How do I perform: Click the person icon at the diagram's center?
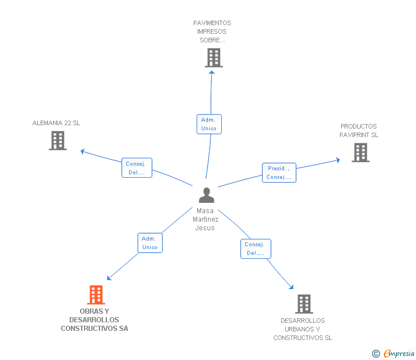coord(206,195)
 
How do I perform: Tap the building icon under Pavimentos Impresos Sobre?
coord(213,58)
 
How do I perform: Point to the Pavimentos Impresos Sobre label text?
coord(212,31)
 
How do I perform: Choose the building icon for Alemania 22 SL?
coord(58,141)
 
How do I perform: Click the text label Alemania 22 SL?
coord(56,123)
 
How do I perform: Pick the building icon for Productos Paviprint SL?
coord(360,153)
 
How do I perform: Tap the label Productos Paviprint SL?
coord(359,131)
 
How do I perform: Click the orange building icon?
coord(95,295)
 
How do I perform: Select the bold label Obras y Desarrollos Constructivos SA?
coord(94,320)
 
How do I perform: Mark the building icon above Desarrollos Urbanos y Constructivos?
coord(304,304)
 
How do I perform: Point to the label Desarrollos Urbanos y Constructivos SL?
coord(302,329)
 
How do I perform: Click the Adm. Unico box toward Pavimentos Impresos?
coord(209,125)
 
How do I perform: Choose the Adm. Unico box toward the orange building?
coord(150,243)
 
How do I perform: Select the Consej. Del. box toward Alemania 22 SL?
coord(137,168)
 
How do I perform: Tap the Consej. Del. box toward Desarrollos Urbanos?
coord(255,249)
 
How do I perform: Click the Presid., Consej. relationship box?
coord(279,173)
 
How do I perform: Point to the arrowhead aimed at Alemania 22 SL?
coord(83,151)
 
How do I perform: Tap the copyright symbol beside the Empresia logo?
coord(375,354)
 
